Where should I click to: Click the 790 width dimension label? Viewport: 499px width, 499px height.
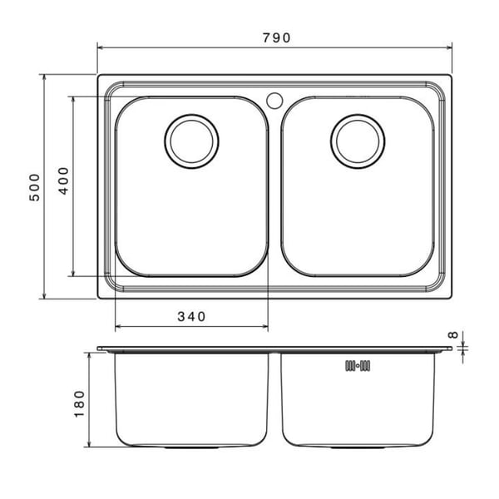[x=276, y=38]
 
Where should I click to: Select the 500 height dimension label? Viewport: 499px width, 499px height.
[x=35, y=187]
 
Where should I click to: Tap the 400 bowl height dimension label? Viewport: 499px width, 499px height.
[x=63, y=180]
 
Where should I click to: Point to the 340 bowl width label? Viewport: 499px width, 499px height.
[x=191, y=317]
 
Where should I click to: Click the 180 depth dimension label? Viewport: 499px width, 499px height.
[x=79, y=404]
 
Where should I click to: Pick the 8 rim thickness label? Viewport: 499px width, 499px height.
[x=453, y=334]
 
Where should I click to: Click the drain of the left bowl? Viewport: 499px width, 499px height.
[x=191, y=141]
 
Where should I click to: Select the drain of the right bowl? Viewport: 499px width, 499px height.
[x=358, y=141]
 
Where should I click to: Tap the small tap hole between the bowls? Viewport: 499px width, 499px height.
[x=274, y=101]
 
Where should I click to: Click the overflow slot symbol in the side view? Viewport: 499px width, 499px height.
[x=358, y=366]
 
